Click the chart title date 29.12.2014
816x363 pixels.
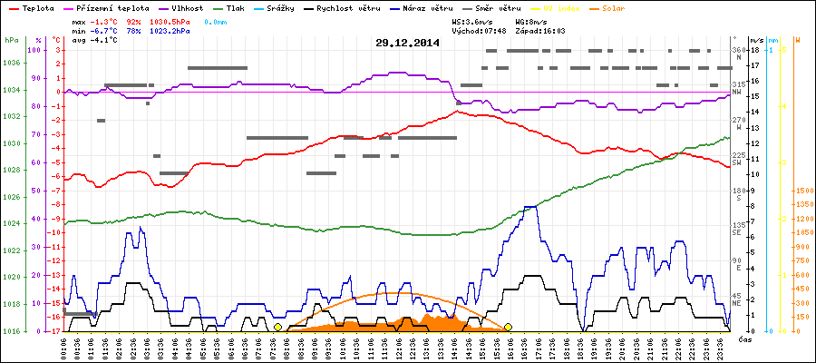pyautogui.click(x=407, y=43)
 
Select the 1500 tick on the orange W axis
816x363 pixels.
pyautogui.click(x=803, y=191)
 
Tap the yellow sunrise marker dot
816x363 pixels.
pyautogui.click(x=277, y=327)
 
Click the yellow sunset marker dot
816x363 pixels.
pyautogui.click(x=509, y=327)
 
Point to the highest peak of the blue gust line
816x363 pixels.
pyautogui.click(x=532, y=207)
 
